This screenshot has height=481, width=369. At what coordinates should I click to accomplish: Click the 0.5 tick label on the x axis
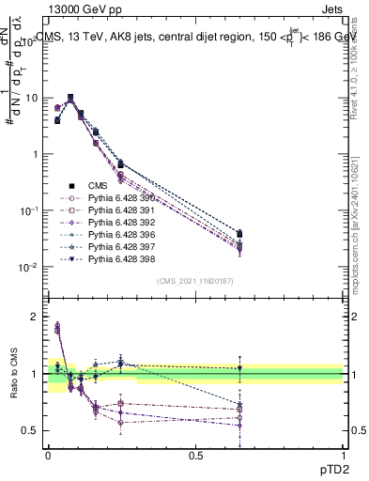click(x=195, y=455)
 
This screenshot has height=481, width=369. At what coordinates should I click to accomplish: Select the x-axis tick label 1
click(x=343, y=455)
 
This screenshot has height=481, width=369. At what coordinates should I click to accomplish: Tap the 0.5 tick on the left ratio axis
click(x=32, y=431)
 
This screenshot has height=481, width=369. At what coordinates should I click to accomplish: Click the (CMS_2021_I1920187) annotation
click(x=194, y=280)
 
